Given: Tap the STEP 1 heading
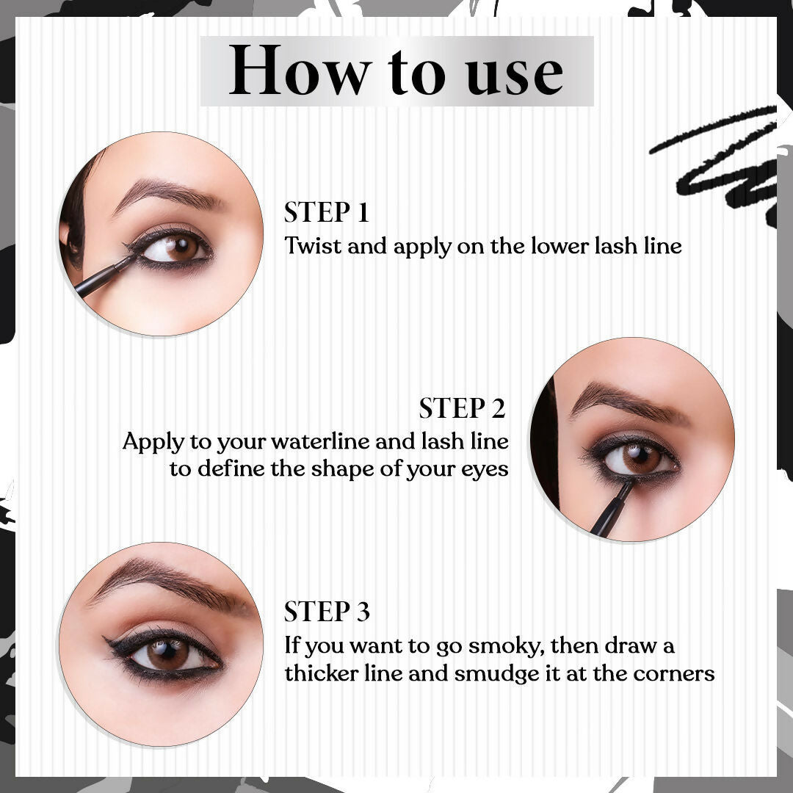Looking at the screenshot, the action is coord(326,212).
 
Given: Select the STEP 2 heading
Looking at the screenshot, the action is coord(463,408).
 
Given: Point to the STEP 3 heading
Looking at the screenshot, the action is coord(327,612).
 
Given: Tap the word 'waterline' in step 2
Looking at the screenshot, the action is coord(319,441).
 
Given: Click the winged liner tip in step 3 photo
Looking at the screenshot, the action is coord(106,640).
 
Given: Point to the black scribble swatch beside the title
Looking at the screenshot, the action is coord(718,161).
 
